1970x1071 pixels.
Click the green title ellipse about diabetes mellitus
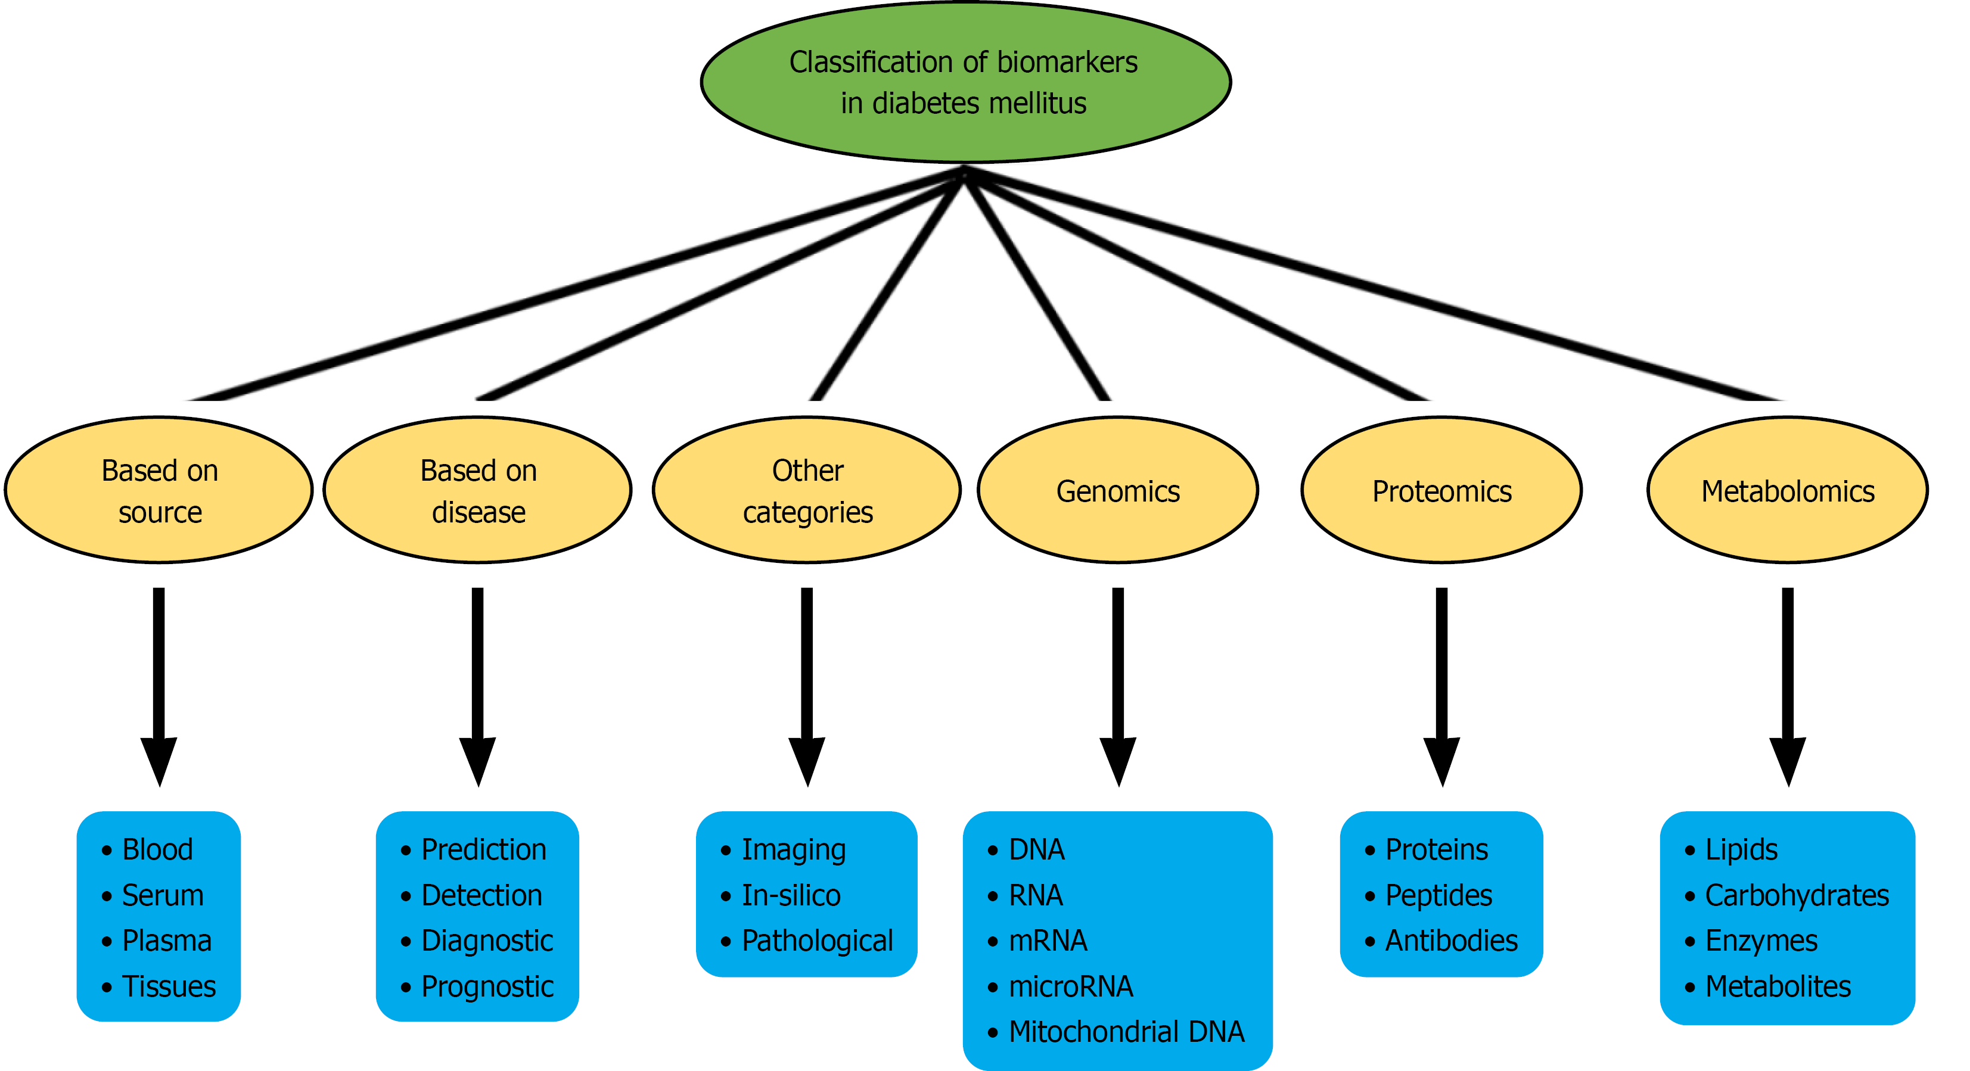pyautogui.click(x=965, y=83)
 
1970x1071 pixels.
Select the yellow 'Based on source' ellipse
pyautogui.click(x=159, y=490)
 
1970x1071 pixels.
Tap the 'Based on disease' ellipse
pyautogui.click(x=478, y=490)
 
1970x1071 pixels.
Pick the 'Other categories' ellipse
pyautogui.click(x=807, y=490)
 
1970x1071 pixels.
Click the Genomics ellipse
pyautogui.click(x=1118, y=490)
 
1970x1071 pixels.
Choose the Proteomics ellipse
pyautogui.click(x=1441, y=490)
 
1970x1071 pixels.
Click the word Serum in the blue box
pyautogui.click(x=163, y=895)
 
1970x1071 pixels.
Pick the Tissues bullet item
pyautogui.click(x=169, y=986)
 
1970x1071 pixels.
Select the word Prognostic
pyautogui.click(x=487, y=986)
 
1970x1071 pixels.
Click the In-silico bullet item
pyautogui.click(x=791, y=895)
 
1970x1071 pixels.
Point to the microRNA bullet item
pyautogui.click(x=1071, y=986)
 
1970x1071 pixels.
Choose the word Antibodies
pyautogui.click(x=1452, y=941)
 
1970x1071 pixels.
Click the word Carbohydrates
pyautogui.click(x=1797, y=895)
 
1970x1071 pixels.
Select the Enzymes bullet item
pyautogui.click(x=1761, y=941)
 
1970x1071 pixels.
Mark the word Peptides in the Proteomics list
pyautogui.click(x=1438, y=895)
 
